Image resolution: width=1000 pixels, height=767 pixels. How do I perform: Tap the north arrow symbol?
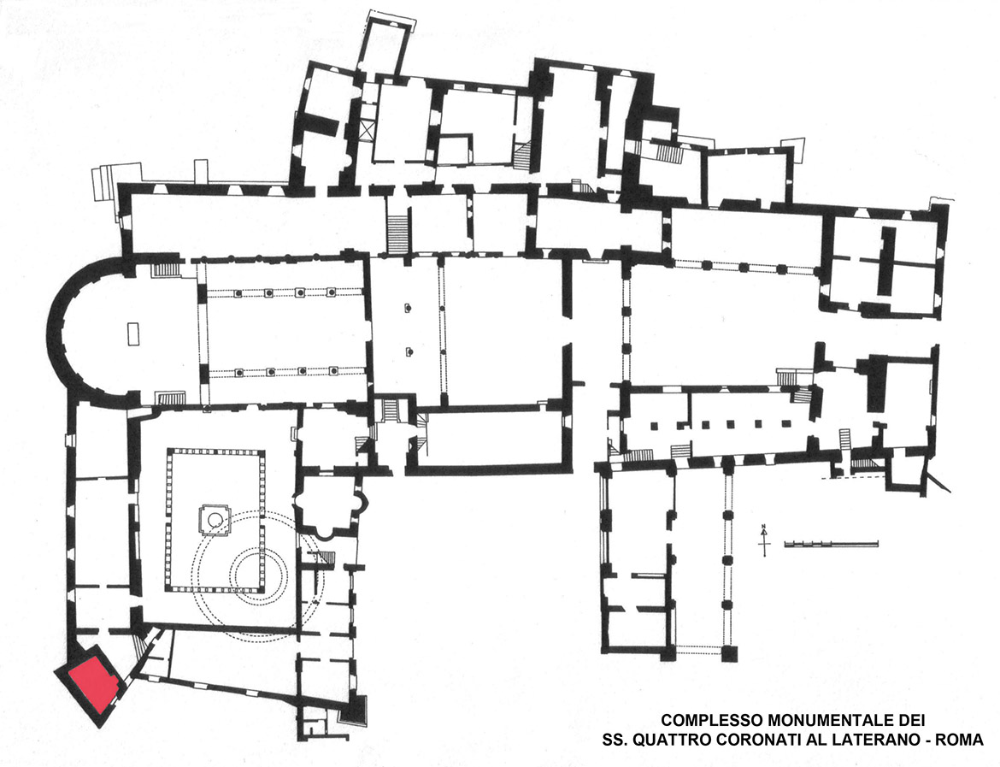pos(764,541)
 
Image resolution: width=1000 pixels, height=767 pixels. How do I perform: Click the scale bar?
pos(831,544)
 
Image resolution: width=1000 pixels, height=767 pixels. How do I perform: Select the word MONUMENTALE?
pos(830,721)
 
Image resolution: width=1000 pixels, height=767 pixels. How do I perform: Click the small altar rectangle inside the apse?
pos(132,334)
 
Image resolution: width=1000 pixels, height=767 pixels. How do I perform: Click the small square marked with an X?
pos(368,131)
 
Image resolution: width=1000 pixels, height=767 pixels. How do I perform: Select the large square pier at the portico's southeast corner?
pos(730,654)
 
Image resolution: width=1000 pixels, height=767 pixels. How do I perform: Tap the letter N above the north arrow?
pos(763,528)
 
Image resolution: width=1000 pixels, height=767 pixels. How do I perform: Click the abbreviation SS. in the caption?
pos(616,740)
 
